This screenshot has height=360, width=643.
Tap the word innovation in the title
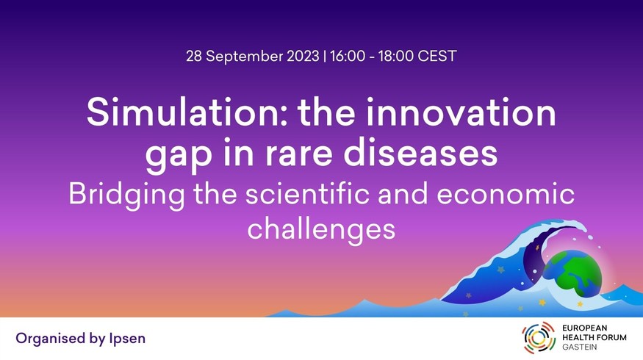pyautogui.click(x=461, y=112)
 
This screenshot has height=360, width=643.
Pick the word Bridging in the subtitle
pyautogui.click(x=126, y=195)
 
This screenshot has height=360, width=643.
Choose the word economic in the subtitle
pyautogui.click(x=506, y=194)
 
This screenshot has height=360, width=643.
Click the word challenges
pyautogui.click(x=321, y=230)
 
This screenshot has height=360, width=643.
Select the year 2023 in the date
pyautogui.click(x=303, y=56)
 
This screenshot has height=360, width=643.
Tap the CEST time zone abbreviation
pyautogui.click(x=437, y=56)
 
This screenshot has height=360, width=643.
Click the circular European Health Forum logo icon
pyautogui.click(x=539, y=337)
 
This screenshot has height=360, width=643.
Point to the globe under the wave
pyautogui.click(x=573, y=273)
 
